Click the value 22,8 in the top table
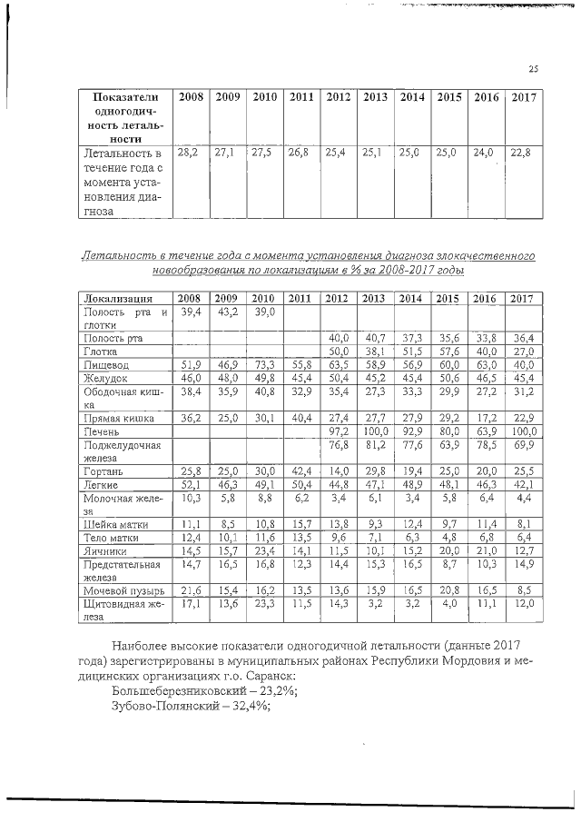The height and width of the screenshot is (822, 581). (x=521, y=154)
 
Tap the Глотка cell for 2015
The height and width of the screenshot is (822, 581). (x=448, y=351)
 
